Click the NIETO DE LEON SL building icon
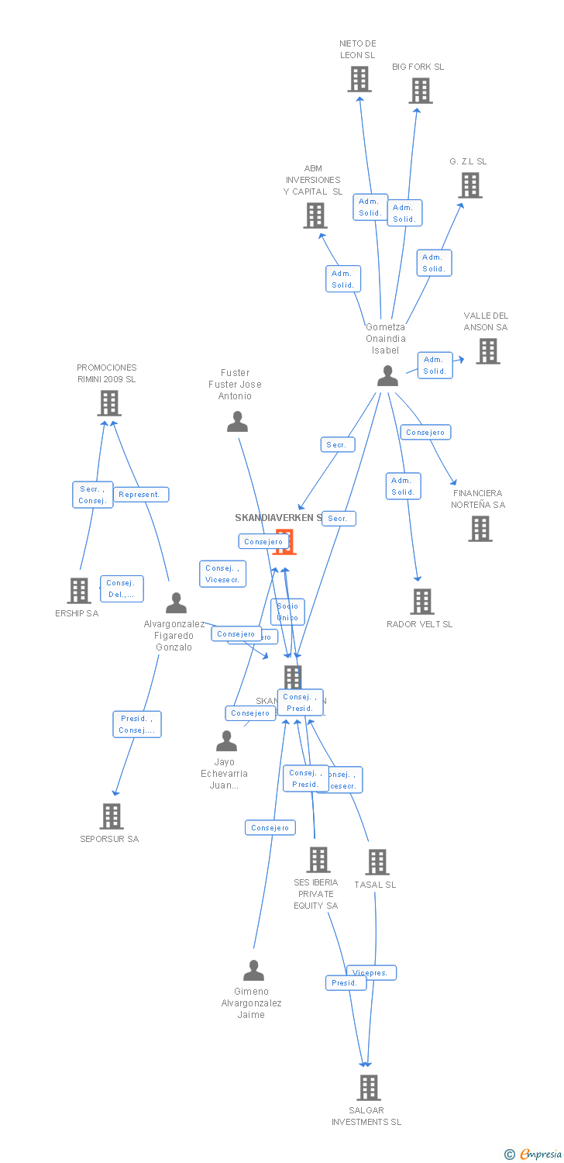(359, 79)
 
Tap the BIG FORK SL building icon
(421, 91)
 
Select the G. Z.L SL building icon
(470, 185)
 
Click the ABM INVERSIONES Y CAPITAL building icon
(315, 216)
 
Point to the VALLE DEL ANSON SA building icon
(488, 351)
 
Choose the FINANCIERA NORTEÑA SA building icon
(480, 529)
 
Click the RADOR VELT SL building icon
(422, 601)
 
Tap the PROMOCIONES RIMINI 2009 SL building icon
(109, 403)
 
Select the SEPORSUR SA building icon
(112, 816)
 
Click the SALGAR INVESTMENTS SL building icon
(369, 1087)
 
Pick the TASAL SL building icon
(377, 861)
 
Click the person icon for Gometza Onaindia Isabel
(387, 376)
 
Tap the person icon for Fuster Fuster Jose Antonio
(237, 422)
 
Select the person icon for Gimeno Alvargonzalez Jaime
(253, 971)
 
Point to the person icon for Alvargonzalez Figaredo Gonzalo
(177, 602)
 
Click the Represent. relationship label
(140, 495)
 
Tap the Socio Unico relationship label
(287, 612)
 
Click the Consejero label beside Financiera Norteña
(425, 433)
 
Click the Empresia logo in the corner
(535, 1154)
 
